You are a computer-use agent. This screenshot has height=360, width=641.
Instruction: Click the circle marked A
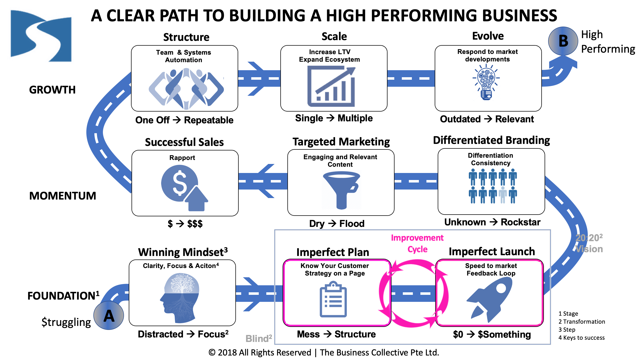[x=109, y=315]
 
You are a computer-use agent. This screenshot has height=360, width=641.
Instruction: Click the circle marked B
[x=563, y=41]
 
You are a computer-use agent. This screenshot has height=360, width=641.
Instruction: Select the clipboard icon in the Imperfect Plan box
[x=333, y=300]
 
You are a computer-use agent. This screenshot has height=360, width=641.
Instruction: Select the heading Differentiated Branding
[x=491, y=140]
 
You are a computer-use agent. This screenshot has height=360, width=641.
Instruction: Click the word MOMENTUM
[x=62, y=196]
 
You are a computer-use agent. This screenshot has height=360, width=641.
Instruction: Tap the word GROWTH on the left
[x=52, y=90]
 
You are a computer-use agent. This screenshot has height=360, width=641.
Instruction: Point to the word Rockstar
[x=520, y=222]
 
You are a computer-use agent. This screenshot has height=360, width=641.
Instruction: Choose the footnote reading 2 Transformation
[x=582, y=322]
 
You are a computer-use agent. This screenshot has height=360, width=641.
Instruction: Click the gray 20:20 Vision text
[x=589, y=243]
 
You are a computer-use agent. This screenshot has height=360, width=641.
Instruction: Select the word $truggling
[x=66, y=322]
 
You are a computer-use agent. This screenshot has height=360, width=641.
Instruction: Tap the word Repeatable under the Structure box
[x=209, y=120]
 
